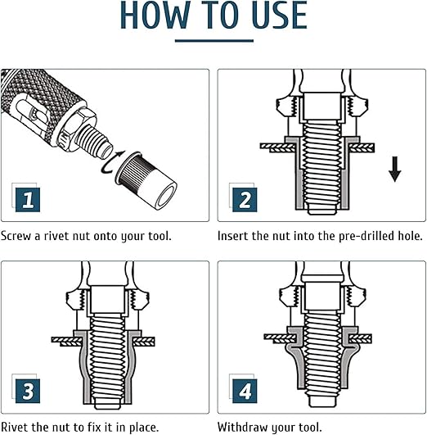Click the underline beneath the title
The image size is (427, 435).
point(214,41)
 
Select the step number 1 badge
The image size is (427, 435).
point(28,200)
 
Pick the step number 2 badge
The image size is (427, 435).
point(245,200)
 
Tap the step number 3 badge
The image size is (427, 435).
point(28,391)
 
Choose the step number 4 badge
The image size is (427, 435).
point(245,391)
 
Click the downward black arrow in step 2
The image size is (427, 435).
point(394,169)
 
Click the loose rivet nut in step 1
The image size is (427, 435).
point(146,180)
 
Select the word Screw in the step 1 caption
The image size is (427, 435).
point(16,236)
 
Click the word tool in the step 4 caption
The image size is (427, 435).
point(310,427)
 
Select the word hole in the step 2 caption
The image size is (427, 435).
point(410,236)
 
